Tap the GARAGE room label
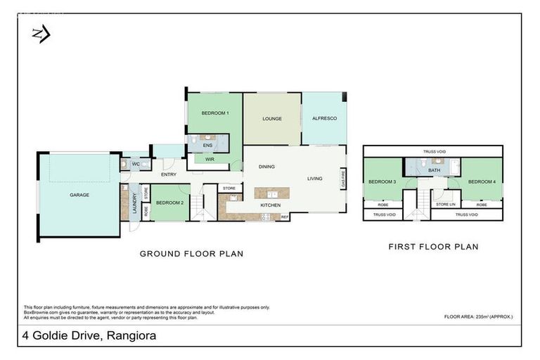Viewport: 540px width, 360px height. (x=79, y=195)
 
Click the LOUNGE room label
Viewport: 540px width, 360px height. (x=272, y=118)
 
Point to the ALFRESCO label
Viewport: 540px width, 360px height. (x=324, y=118)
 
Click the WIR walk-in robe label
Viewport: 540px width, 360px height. (x=210, y=159)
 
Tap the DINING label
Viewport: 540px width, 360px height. (x=266, y=167)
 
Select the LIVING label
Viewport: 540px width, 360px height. (x=314, y=179)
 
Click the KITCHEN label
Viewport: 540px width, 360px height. (x=271, y=205)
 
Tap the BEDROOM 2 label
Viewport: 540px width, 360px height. (x=169, y=202)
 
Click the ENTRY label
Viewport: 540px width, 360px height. (x=169, y=174)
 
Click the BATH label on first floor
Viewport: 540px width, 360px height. (x=434, y=169)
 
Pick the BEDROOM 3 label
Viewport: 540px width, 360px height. (x=382, y=181)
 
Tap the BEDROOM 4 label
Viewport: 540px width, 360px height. (x=482, y=181)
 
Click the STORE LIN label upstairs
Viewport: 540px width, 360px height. (x=446, y=205)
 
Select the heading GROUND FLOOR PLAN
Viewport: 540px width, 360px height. (x=191, y=254)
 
